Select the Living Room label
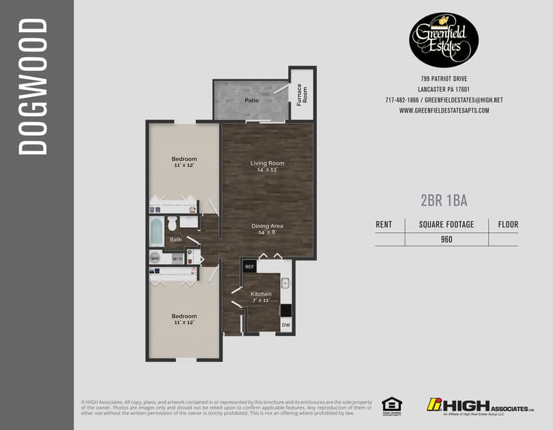(x=267, y=163)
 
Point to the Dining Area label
(x=267, y=226)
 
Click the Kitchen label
(x=261, y=294)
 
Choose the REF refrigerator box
(x=249, y=267)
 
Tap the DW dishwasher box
(x=286, y=326)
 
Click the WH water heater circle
(x=155, y=259)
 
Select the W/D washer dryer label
(x=177, y=259)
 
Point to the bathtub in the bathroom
(x=156, y=231)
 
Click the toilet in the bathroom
(x=173, y=223)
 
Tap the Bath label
(x=176, y=240)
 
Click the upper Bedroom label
(x=184, y=159)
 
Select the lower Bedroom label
(x=184, y=316)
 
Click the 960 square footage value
(x=446, y=239)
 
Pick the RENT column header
(x=384, y=224)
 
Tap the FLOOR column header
(x=508, y=224)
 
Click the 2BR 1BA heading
(x=444, y=200)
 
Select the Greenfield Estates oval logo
(x=444, y=40)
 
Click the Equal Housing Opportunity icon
(x=391, y=405)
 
